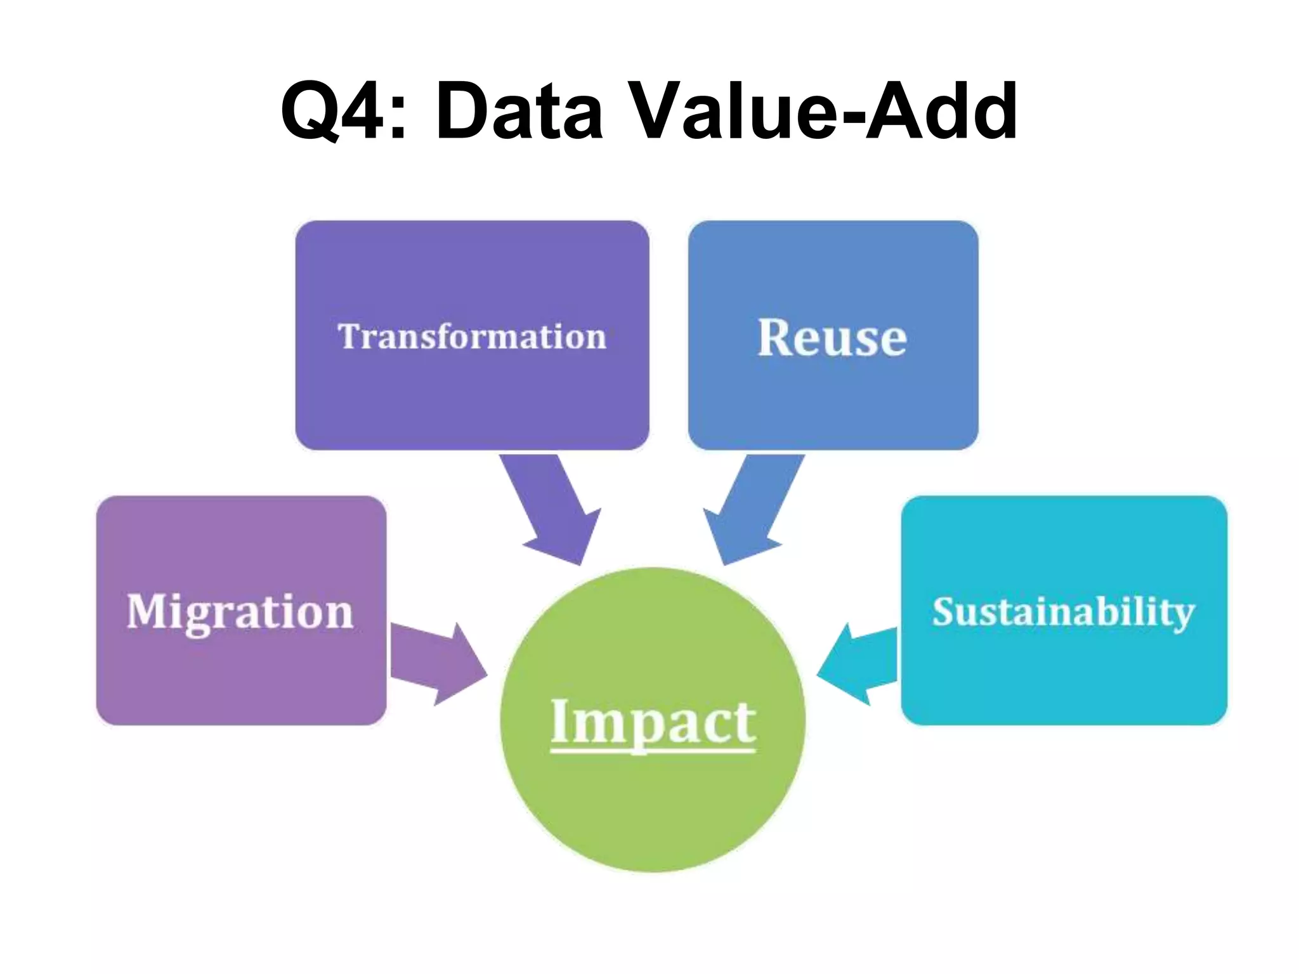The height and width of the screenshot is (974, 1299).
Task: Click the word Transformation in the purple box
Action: click(x=472, y=336)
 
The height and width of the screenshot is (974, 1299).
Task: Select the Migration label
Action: click(x=240, y=612)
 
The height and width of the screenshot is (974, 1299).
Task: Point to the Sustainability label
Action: click(x=1063, y=613)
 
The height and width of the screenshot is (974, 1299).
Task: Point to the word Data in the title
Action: click(x=519, y=110)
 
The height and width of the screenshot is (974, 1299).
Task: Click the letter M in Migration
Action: click(x=148, y=611)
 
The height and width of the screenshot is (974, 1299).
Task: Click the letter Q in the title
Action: click(x=309, y=110)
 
